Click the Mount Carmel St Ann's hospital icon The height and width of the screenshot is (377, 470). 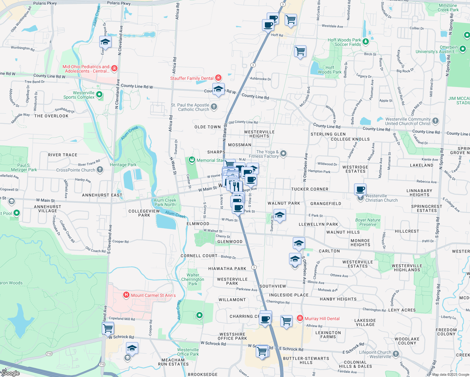tap(126, 295)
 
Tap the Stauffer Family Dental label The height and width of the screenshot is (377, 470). tap(192, 78)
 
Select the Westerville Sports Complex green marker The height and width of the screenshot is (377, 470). tap(99, 94)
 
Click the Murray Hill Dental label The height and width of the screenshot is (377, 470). tap(322, 319)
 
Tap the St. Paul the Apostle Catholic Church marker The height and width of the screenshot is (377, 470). tap(214, 107)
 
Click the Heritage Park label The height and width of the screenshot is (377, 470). tap(123, 165)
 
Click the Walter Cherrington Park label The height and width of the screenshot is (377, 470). tap(193, 279)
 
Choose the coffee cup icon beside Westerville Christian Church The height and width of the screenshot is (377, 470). tap(360, 189)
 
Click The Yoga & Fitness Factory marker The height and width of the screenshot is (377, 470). tap(283, 153)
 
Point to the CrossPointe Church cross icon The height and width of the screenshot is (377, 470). tap(100, 170)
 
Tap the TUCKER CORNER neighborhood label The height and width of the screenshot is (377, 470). tap(309, 189)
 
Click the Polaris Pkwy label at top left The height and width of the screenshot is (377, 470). tap(45, 3)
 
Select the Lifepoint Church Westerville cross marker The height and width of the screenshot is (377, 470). tap(396, 354)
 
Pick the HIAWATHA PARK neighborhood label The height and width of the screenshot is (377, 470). tap(227, 269)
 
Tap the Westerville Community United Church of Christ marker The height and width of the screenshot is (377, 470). tap(435, 121)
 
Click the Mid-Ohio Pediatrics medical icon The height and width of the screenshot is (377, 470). tap(114, 68)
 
